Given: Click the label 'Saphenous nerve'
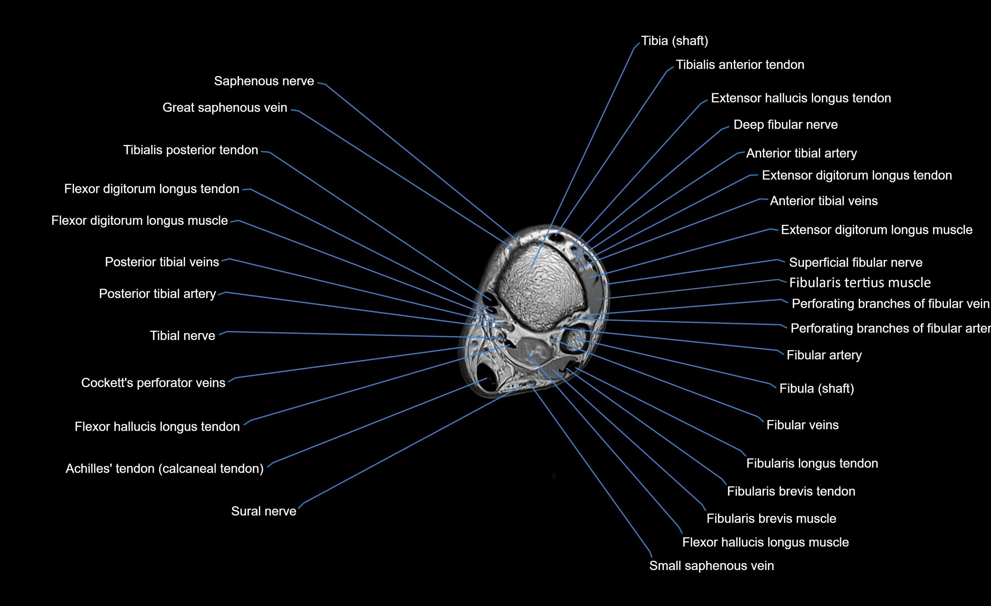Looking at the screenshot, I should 264,81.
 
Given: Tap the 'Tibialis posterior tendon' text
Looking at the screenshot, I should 191,150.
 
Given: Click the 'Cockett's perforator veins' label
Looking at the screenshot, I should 153,383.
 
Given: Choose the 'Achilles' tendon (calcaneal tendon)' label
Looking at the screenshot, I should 165,468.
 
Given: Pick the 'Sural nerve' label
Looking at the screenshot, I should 264,511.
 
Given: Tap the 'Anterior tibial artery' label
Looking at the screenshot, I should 801,153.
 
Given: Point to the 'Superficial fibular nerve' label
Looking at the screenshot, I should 856,262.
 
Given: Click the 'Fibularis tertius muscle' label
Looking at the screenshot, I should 860,283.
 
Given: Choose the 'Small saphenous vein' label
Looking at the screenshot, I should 711,565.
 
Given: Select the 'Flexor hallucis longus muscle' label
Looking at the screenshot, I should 765,542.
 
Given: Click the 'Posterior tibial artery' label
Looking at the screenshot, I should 157,294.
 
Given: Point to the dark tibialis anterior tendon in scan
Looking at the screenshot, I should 557,238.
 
